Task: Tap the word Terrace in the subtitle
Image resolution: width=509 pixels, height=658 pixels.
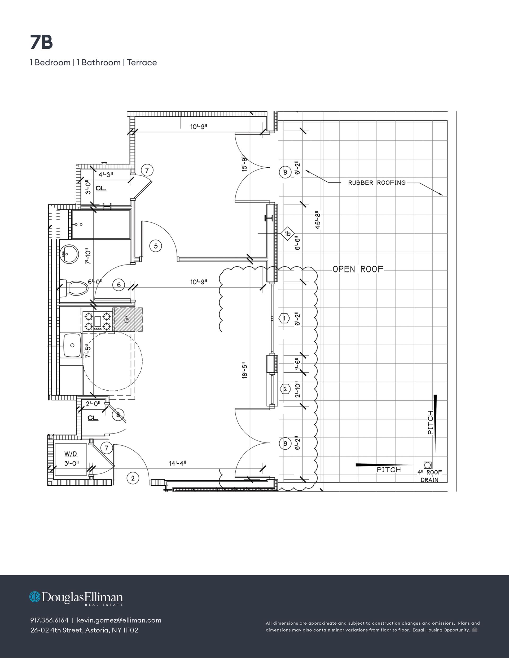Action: click(x=142, y=62)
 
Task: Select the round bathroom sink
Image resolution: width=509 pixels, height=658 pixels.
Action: click(x=69, y=254)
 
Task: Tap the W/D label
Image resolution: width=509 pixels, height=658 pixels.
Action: click(x=71, y=454)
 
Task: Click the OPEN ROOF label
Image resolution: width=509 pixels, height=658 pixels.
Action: click(x=358, y=269)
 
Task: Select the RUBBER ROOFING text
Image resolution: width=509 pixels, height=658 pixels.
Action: click(x=377, y=183)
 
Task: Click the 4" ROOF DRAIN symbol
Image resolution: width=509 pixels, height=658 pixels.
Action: click(x=428, y=465)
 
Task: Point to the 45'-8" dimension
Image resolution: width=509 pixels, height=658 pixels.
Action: click(x=318, y=220)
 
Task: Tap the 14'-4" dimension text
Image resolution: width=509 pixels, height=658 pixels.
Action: click(x=177, y=463)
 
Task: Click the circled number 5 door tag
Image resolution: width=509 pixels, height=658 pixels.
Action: click(x=156, y=246)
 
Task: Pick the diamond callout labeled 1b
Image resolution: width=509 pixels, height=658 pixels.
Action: click(x=288, y=234)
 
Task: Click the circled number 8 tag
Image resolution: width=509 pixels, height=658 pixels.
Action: click(x=118, y=415)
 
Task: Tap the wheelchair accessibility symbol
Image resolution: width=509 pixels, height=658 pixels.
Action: click(x=127, y=319)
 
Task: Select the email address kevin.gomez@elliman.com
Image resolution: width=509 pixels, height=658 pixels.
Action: click(x=119, y=620)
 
